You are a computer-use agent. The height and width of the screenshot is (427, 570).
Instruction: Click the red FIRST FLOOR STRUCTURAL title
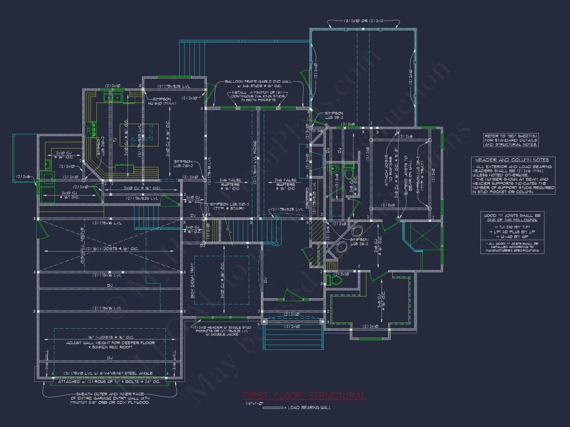[305, 396]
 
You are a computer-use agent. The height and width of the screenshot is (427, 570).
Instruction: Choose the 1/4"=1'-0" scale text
[255, 403]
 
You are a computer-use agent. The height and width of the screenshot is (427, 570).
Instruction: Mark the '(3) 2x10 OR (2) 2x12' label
[364, 21]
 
